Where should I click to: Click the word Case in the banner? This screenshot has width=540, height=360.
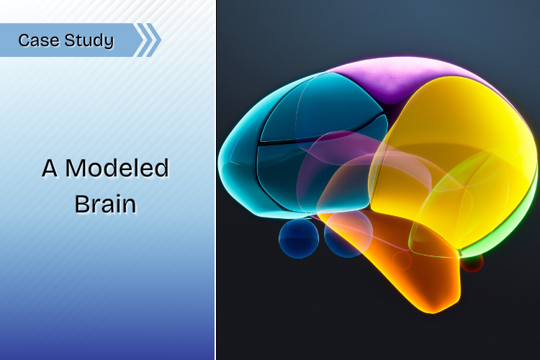39,40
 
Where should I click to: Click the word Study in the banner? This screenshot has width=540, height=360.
89,40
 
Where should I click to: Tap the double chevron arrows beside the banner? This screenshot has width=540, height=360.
148,40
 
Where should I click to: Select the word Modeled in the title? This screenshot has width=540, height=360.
117,168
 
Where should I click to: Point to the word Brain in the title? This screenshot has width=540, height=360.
105,204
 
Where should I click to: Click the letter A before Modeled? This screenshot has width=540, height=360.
50,168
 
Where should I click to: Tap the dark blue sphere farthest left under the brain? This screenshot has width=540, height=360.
299,238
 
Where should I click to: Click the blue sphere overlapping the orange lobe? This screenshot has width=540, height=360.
348,234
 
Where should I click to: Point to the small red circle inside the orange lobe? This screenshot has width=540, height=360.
402,261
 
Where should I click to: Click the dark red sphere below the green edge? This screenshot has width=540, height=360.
472,263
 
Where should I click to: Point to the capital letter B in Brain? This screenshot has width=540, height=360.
82,204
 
